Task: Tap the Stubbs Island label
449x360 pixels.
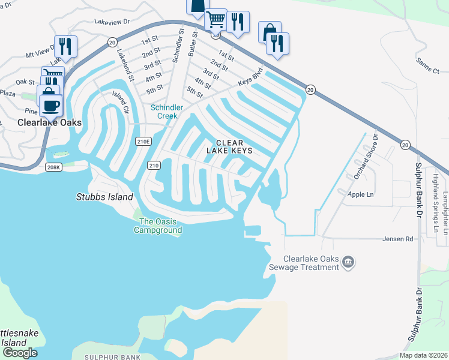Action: click(104, 196)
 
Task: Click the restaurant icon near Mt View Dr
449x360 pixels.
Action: click(65, 46)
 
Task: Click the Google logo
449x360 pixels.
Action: click(19, 353)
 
